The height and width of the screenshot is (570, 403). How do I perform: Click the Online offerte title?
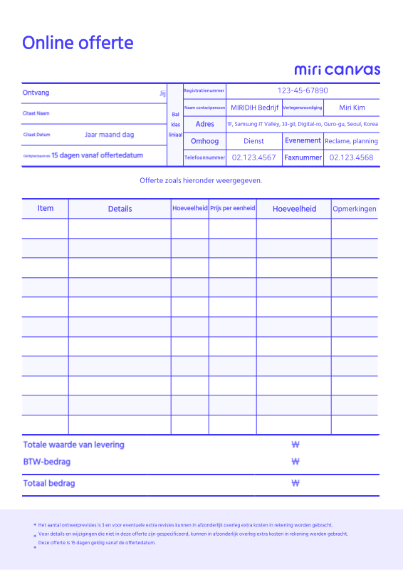point(78,43)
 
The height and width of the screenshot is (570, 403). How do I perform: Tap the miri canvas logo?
point(337,70)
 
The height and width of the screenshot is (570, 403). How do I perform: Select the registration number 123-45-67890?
point(303,90)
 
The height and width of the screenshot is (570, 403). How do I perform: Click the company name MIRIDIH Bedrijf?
point(254,108)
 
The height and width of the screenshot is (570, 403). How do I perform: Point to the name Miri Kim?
point(352,108)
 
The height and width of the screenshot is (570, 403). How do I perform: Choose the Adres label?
point(204,124)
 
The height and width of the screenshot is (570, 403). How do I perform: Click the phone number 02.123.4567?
point(254,157)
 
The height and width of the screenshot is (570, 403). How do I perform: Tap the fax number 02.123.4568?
point(351,157)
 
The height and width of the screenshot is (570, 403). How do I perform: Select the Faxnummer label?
point(303,157)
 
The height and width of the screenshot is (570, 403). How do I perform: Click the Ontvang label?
point(36,93)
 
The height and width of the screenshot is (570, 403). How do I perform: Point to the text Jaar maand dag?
point(109,134)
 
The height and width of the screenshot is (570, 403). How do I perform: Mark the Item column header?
point(46,208)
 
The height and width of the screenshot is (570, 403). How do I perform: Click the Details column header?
point(120,209)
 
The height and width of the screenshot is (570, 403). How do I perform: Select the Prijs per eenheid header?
point(232,209)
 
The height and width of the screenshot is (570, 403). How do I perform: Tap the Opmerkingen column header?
point(355,209)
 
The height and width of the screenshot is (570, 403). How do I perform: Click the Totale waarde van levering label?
point(73,445)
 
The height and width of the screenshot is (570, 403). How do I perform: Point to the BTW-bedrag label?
point(47,462)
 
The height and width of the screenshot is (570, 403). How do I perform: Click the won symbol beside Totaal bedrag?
point(295,483)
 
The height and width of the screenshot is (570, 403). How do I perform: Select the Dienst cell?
point(253,141)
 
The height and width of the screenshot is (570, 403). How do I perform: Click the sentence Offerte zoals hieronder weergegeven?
point(201,180)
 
